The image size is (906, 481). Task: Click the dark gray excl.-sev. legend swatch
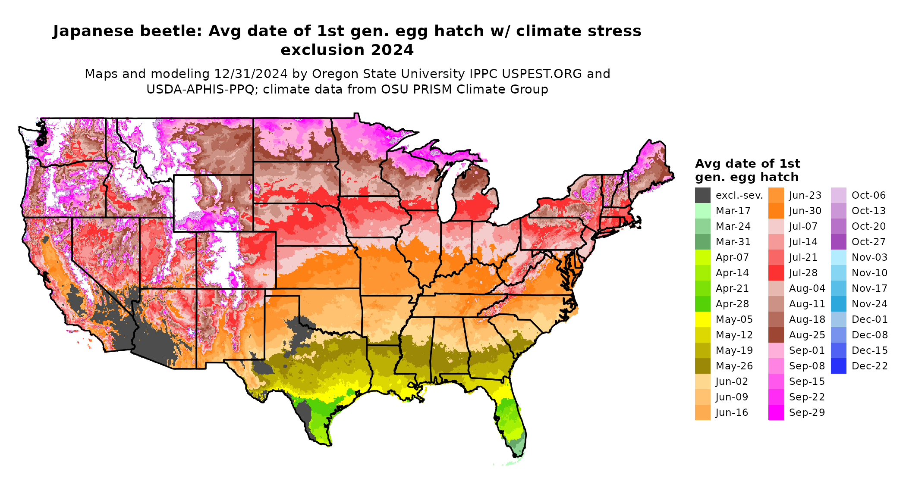(703, 195)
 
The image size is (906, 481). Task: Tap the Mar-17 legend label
(733, 211)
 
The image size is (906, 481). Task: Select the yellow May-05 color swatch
(703, 319)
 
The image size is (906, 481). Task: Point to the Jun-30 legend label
(805, 211)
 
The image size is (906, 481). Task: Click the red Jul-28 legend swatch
(776, 273)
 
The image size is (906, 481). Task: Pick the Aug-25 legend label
(807, 335)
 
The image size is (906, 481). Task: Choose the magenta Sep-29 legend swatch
(776, 412)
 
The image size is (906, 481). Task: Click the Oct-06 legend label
(868, 195)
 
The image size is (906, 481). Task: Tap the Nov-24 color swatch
(839, 304)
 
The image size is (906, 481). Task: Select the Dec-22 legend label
(869, 366)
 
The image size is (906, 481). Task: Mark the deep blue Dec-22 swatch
(839, 366)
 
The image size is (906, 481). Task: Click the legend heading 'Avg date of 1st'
(747, 164)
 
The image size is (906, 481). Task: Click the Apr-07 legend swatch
(703, 257)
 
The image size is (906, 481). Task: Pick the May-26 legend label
(734, 366)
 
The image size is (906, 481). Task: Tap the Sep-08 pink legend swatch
(776, 366)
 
